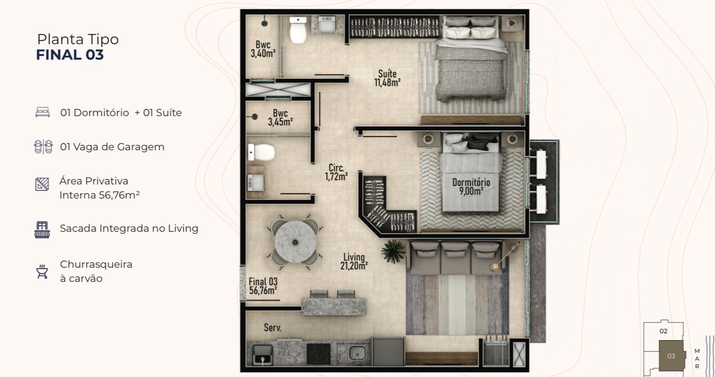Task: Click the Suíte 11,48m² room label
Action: [x=387, y=78]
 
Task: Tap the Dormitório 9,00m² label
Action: [x=471, y=187]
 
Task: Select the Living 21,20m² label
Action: [x=354, y=261]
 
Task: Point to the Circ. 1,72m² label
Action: [x=337, y=172]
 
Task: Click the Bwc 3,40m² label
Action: [x=263, y=49]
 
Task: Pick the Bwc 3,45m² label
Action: [x=280, y=117]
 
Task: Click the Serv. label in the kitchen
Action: [x=272, y=327]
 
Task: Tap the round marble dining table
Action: [x=295, y=241]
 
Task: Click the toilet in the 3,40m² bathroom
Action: [x=298, y=30]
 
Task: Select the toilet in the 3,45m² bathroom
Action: [x=262, y=153]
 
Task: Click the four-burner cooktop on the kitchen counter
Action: [x=318, y=354]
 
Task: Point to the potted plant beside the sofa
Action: [x=393, y=251]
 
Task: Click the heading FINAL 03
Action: [x=70, y=55]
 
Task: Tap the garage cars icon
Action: [x=43, y=147]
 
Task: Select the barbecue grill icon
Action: [x=42, y=271]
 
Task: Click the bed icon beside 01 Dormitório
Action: [x=42, y=112]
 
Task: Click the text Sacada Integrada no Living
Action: [x=129, y=229]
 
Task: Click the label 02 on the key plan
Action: [x=664, y=331]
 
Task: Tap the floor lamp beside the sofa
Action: [x=505, y=255]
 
